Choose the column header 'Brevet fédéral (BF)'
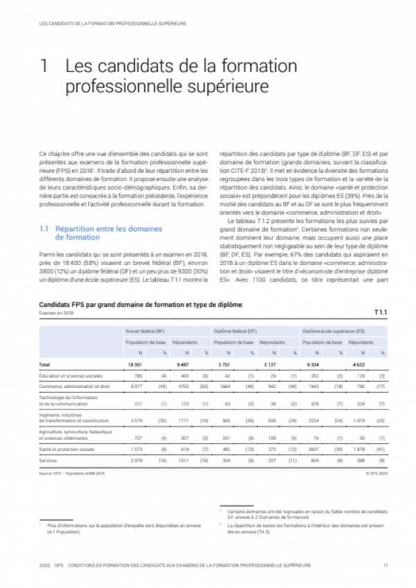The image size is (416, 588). (145, 333)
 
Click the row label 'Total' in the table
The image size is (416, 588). (45, 364)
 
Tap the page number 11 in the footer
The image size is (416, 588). (385, 564)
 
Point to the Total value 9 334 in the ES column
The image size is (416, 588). (310, 364)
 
